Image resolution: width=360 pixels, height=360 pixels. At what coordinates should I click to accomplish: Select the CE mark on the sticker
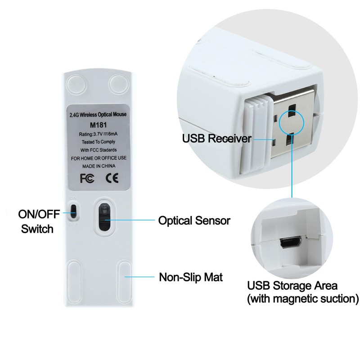tap(111, 178)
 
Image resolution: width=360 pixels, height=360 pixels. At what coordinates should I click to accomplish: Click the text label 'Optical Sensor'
tap(194, 221)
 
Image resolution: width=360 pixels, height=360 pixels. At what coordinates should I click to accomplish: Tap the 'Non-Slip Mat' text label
tap(190, 276)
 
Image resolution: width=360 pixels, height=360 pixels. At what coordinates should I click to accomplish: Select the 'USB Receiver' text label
tap(216, 138)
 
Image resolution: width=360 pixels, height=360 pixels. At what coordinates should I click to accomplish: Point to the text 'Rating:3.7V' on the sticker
tap(88, 135)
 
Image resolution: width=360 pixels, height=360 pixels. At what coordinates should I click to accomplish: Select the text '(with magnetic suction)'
tap(303, 298)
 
